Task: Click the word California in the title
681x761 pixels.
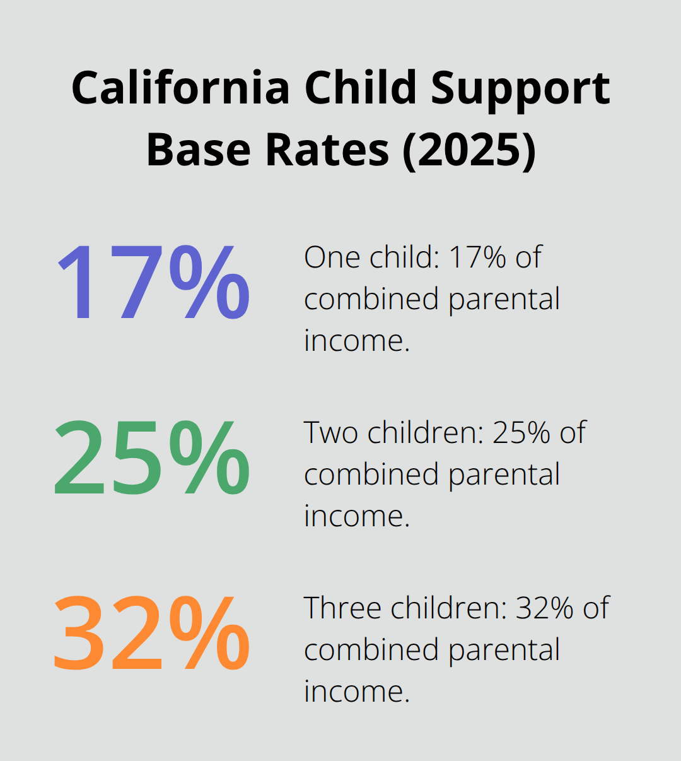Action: (x=180, y=88)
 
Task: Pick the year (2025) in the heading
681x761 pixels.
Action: (x=469, y=150)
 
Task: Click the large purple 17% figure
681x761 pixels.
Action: (x=153, y=282)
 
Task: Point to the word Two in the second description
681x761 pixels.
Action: (x=332, y=433)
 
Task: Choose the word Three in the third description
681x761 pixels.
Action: (x=344, y=608)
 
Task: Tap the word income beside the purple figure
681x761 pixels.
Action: (x=356, y=341)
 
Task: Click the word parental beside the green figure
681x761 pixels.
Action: (x=504, y=475)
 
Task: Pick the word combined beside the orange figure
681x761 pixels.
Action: (x=372, y=650)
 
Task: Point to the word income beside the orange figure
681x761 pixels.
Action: (x=356, y=692)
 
